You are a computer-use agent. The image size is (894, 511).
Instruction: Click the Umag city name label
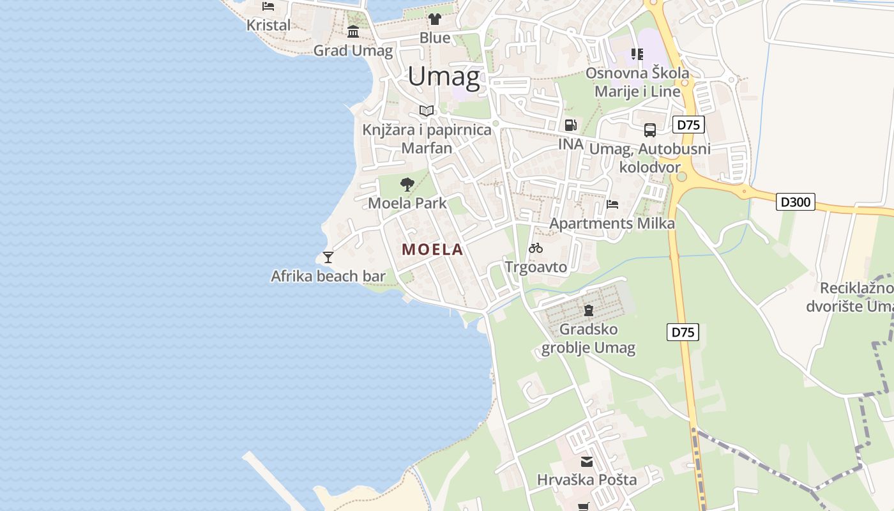[x=444, y=77]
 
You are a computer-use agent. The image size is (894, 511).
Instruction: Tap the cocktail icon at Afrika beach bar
[x=328, y=257]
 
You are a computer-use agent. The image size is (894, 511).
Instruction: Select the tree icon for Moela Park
[x=407, y=185]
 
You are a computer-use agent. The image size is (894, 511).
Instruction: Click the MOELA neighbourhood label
[x=432, y=250]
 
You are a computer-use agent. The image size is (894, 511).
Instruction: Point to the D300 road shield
[x=796, y=202]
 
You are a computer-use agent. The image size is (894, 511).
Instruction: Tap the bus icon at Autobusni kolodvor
[x=650, y=130]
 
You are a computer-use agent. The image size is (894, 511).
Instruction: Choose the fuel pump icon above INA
[x=570, y=125]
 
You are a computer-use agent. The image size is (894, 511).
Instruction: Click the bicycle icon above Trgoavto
[x=536, y=248]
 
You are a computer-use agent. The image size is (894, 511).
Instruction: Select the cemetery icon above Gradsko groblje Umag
[x=588, y=310]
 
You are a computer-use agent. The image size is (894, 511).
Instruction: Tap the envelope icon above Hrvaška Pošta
[x=586, y=461]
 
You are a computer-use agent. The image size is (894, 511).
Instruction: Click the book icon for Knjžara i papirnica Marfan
[x=427, y=111]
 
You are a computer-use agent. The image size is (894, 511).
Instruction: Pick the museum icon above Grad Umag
[x=353, y=31]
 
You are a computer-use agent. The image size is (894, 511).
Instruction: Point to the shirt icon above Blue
[x=435, y=19]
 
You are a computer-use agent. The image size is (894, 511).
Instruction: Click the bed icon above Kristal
[x=268, y=6]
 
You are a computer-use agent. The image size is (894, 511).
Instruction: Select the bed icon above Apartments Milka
[x=612, y=204]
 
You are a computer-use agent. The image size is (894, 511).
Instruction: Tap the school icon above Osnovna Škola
[x=637, y=54]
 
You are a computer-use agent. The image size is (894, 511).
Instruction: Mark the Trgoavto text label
[x=536, y=266]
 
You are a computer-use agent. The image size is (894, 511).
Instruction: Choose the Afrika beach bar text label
[x=328, y=276]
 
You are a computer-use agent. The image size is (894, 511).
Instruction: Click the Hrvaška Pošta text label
[x=586, y=480]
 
